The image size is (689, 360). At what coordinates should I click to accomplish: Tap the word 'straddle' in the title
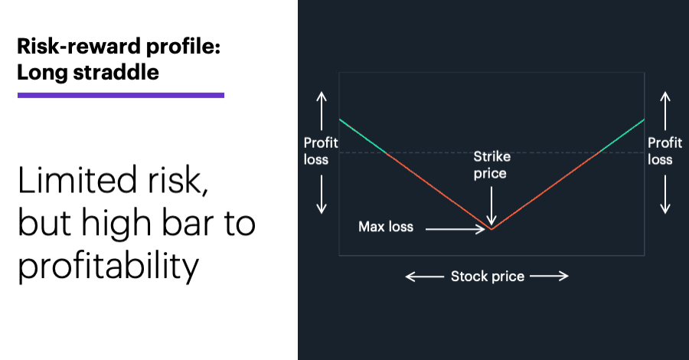pyautogui.click(x=116, y=72)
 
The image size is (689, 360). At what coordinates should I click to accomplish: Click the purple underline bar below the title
pyautogui.click(x=121, y=95)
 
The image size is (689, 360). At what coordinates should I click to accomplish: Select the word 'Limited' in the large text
pyautogui.click(x=77, y=180)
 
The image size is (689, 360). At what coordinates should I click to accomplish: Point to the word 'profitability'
pyautogui.click(x=109, y=266)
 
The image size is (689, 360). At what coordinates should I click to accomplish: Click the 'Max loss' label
pyautogui.click(x=386, y=227)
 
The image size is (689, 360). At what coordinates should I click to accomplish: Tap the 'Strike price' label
pyautogui.click(x=491, y=165)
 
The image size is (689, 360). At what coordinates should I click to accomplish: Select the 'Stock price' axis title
pyautogui.click(x=488, y=276)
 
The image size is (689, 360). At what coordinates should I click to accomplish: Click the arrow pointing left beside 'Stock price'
pyautogui.click(x=424, y=277)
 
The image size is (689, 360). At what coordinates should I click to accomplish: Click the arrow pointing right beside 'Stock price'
pyautogui.click(x=549, y=276)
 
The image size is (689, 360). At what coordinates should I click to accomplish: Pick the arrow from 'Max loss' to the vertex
pyautogui.click(x=456, y=229)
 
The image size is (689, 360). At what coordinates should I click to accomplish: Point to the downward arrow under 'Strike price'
pyautogui.click(x=491, y=206)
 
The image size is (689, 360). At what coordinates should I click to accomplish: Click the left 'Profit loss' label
pyautogui.click(x=321, y=151)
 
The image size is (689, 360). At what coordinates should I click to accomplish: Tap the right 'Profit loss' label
pyautogui.click(x=665, y=151)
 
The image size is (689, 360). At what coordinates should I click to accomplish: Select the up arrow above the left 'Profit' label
pyautogui.click(x=322, y=111)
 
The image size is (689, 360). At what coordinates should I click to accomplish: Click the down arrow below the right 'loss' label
pyautogui.click(x=665, y=195)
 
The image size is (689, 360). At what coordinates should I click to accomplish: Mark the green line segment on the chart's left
pyautogui.click(x=363, y=136)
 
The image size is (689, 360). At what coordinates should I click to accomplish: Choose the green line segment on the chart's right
pyautogui.click(x=622, y=136)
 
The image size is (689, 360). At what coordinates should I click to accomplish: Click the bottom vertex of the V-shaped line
pyautogui.click(x=491, y=230)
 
